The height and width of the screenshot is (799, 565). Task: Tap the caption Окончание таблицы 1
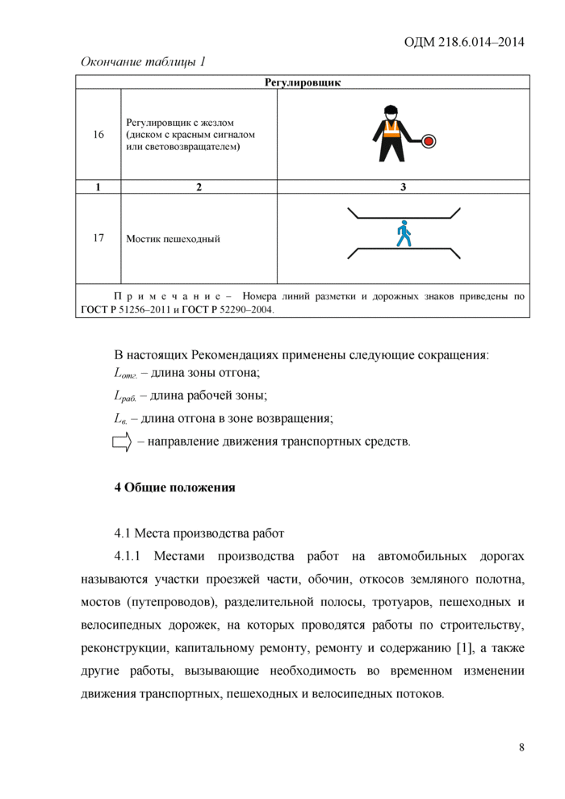point(143,62)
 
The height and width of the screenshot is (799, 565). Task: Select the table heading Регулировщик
point(303,82)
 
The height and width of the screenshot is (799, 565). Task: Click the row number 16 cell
point(98,135)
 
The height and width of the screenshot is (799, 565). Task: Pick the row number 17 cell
point(98,238)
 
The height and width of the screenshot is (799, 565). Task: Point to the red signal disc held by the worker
point(429,141)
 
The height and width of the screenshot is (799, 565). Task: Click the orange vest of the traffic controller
point(391,130)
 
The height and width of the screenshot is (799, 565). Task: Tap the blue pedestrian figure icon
point(404,234)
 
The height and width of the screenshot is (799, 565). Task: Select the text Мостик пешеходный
point(173,239)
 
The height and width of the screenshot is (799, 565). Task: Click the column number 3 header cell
point(404,187)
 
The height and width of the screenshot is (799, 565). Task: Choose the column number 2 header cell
point(199,187)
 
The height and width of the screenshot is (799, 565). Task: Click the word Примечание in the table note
point(166,296)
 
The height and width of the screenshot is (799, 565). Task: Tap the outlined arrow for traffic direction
point(121,441)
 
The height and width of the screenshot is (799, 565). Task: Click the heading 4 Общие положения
point(174,487)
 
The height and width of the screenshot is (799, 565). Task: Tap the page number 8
point(521,747)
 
